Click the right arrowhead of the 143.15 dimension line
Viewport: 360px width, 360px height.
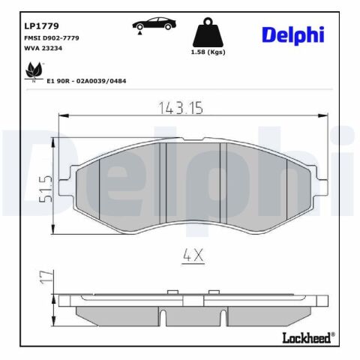[326, 115]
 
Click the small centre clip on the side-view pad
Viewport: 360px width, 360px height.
[193, 298]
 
